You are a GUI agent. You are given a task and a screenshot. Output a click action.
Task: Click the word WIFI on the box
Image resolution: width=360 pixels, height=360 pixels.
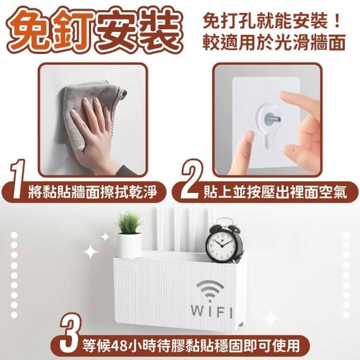point(211,312)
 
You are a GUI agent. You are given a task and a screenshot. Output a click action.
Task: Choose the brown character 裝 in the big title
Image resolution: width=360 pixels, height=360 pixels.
point(160,29)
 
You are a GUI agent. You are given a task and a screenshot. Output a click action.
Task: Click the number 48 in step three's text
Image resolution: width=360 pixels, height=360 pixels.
point(121,345)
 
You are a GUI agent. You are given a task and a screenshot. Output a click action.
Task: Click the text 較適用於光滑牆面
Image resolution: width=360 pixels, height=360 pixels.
point(274,43)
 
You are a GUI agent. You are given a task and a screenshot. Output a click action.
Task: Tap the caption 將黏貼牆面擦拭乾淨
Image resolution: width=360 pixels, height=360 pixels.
point(93,192)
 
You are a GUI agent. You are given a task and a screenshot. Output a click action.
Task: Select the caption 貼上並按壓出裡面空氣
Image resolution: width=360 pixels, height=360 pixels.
point(275,192)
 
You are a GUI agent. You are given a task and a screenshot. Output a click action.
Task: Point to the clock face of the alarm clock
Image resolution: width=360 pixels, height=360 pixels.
point(221,245)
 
